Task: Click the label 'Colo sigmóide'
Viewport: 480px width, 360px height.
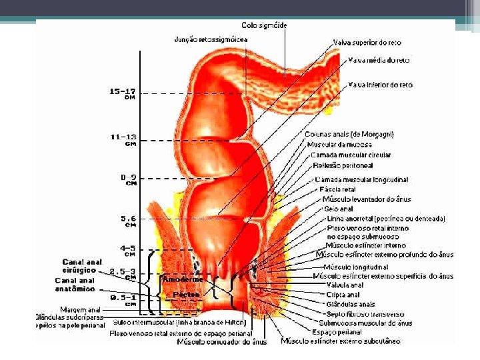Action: [265, 25]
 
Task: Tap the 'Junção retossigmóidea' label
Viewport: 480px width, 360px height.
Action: [212, 39]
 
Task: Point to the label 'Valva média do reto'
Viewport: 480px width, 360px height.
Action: [379, 61]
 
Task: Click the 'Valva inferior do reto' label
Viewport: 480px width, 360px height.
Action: [380, 85]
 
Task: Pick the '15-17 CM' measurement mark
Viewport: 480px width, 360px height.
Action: [123, 93]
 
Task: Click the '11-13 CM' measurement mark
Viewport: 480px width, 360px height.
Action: [124, 139]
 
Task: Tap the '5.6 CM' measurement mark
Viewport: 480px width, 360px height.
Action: [129, 221]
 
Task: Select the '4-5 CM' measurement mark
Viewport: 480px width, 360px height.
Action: [128, 250]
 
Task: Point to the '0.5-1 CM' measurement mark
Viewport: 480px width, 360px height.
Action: [124, 300]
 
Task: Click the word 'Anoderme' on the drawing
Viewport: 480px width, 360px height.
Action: [179, 280]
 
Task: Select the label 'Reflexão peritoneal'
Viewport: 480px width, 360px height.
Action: [342, 165]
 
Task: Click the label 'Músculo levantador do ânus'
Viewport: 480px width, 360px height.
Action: [367, 199]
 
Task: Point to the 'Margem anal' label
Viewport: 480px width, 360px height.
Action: [80, 309]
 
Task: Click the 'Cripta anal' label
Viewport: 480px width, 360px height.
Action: [343, 294]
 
